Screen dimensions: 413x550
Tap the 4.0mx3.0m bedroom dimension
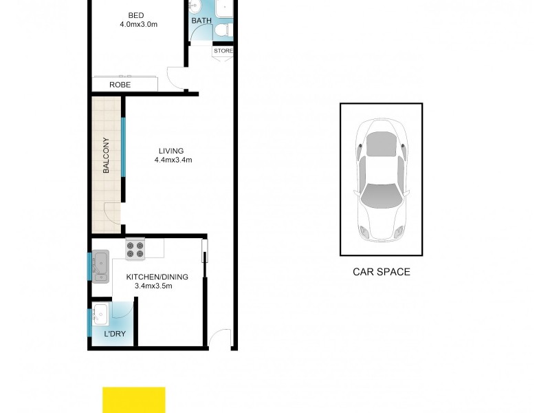pyautogui.click(x=138, y=25)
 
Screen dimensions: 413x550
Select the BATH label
pyautogui.click(x=201, y=21)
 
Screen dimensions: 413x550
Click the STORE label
pyautogui.click(x=223, y=51)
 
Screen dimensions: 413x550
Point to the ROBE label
pyautogui.click(x=120, y=85)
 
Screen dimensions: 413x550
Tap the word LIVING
pyautogui.click(x=172, y=151)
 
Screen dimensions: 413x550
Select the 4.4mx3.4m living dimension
pyautogui.click(x=173, y=161)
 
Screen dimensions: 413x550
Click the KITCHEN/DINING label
pyautogui.click(x=157, y=277)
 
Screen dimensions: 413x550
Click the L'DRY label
pyautogui.click(x=114, y=335)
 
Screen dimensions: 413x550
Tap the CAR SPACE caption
pyautogui.click(x=382, y=272)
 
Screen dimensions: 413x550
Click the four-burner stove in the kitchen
pyautogui.click(x=135, y=248)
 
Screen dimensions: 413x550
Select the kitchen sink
pyautogui.click(x=101, y=266)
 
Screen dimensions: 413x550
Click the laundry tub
pyautogui.click(x=100, y=315)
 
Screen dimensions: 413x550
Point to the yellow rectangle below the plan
pyautogui.click(x=134, y=400)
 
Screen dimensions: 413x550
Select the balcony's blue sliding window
pyautogui.click(x=124, y=147)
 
